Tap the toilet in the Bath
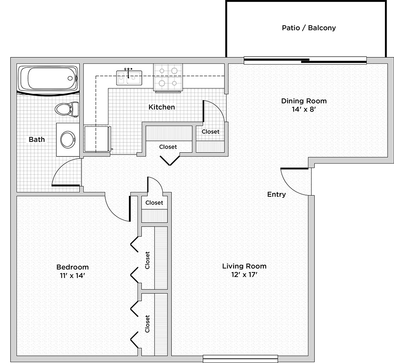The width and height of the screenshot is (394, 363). (x=67, y=109)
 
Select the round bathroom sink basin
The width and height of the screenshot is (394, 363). (x=68, y=140)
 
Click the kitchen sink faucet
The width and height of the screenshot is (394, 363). (x=128, y=72)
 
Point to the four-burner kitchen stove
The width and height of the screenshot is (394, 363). (x=168, y=77)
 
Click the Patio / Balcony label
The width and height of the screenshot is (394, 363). (x=309, y=28)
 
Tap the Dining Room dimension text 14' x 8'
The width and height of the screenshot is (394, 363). (x=304, y=109)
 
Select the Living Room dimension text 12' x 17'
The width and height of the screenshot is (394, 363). (x=244, y=275)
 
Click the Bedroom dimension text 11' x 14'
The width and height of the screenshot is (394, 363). (x=72, y=275)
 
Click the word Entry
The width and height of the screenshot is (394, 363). (x=277, y=194)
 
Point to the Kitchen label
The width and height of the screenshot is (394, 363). (x=162, y=107)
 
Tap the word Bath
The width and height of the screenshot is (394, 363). (x=37, y=140)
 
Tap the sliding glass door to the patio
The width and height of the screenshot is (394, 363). (x=305, y=61)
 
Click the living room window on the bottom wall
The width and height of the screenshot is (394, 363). (x=240, y=359)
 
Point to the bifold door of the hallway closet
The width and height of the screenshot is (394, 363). (x=170, y=161)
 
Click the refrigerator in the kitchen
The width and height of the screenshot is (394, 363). (x=97, y=139)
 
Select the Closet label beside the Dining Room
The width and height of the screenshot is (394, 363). (x=210, y=132)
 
